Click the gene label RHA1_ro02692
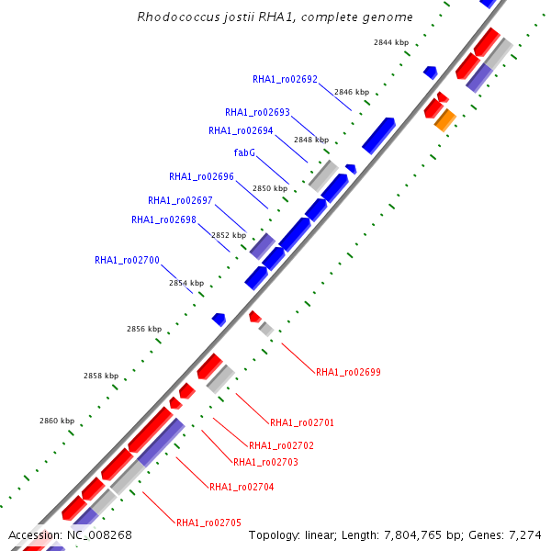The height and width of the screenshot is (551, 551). point(285,79)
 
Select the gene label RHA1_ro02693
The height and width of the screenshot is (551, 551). point(257,112)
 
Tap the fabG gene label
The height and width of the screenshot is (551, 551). point(244,152)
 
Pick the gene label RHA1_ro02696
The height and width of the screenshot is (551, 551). point(201,176)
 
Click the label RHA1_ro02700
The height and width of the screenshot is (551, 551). point(127,261)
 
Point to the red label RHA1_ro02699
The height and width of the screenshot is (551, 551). point(348,372)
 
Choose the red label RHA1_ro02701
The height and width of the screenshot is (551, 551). point(302,423)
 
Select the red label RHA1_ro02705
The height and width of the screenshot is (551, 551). point(208,523)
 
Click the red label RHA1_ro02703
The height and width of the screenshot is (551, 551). point(265,462)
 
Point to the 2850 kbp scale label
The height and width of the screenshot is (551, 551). point(269,188)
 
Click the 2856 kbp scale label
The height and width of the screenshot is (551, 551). point(144,329)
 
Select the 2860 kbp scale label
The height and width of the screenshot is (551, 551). point(57,421)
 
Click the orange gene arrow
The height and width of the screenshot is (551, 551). point(445,119)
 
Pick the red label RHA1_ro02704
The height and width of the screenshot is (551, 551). point(242,487)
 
